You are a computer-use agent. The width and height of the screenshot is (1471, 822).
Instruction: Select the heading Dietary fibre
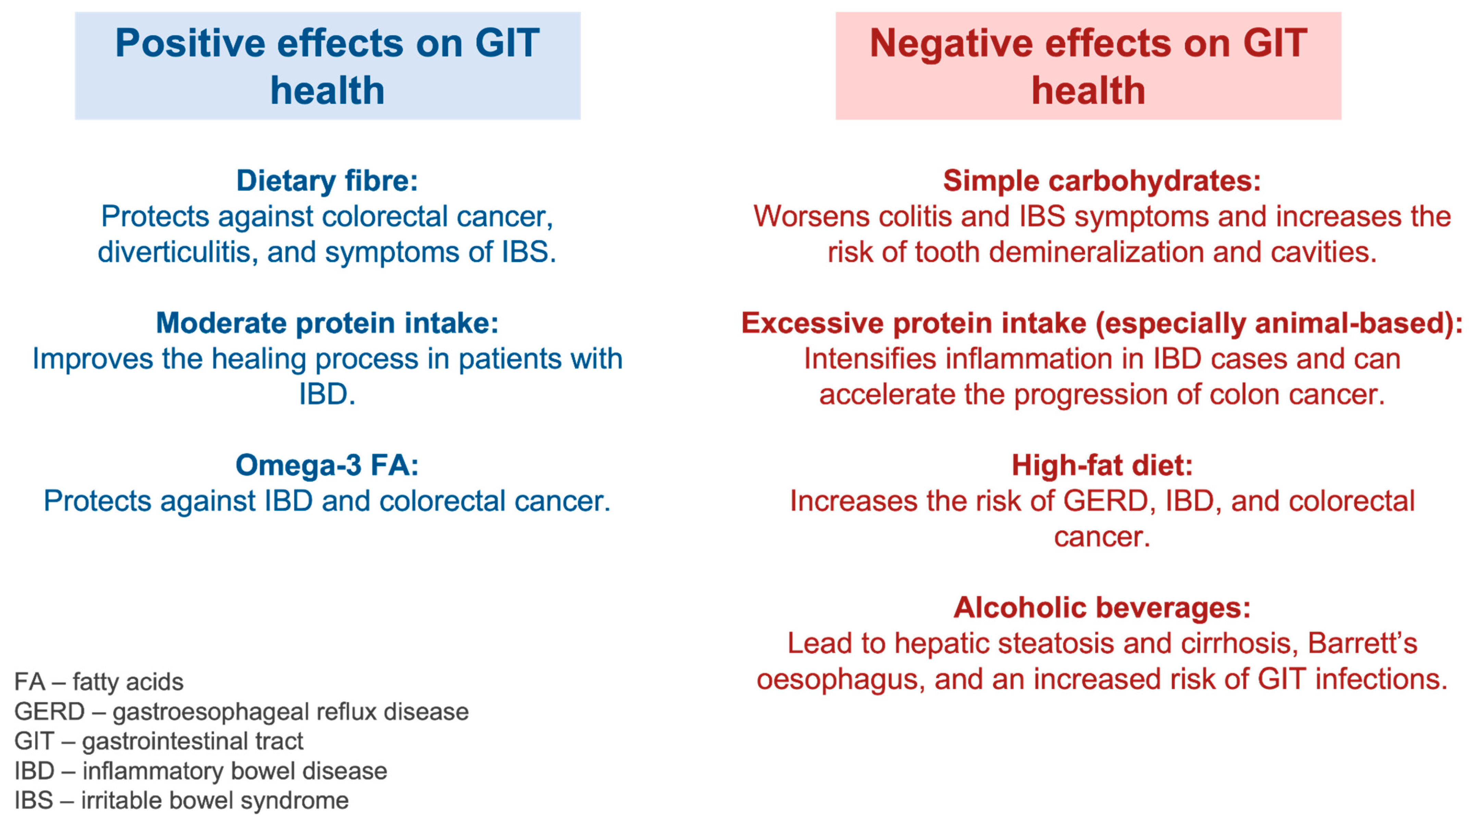pos(327,181)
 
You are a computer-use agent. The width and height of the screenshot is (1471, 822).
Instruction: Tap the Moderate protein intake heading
pos(327,323)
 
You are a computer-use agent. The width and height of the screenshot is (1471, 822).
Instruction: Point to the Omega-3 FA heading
pos(327,465)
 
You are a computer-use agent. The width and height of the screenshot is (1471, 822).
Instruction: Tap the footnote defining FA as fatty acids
pos(99,682)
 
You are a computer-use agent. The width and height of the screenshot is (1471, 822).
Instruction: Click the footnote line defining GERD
pos(241,712)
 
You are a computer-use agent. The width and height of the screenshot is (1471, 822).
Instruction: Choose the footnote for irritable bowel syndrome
pos(181,801)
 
